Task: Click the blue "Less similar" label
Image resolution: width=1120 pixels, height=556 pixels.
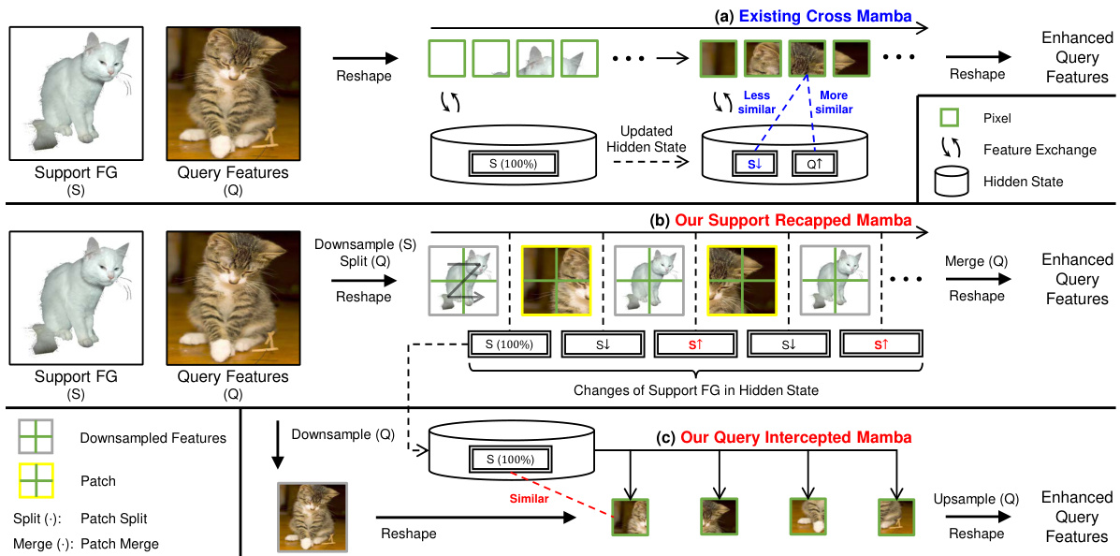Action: [x=758, y=102]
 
